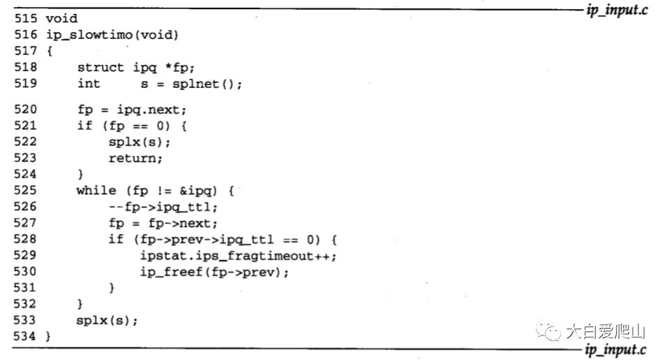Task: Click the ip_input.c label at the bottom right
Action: click(x=615, y=349)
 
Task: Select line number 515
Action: click(x=27, y=17)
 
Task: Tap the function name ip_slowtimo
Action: click(x=87, y=34)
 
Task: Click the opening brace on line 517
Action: click(x=49, y=51)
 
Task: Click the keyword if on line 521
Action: click(x=84, y=126)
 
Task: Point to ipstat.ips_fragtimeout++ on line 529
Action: click(x=238, y=256)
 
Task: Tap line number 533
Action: click(x=27, y=320)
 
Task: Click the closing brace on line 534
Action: click(x=49, y=337)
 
